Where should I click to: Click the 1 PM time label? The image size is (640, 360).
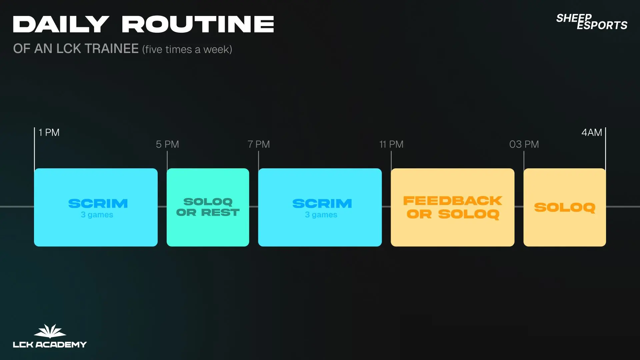[x=49, y=132]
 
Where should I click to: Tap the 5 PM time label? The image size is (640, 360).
[x=167, y=144]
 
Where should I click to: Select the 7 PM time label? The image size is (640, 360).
[x=259, y=144]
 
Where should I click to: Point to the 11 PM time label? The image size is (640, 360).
[x=391, y=144]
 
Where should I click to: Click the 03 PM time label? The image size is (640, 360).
[x=524, y=144]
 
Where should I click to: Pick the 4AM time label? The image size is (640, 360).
[x=592, y=132]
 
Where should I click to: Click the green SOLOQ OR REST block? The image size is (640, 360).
[x=208, y=207]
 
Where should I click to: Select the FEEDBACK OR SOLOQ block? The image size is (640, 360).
[x=452, y=207]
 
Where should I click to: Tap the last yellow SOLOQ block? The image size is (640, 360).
[x=565, y=207]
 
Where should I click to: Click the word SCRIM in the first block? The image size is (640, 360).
[x=98, y=203]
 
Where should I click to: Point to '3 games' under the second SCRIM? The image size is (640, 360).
[x=321, y=215]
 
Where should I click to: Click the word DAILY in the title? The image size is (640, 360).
[x=61, y=24]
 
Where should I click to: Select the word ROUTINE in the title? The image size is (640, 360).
[x=198, y=24]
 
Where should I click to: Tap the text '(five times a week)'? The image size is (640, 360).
[x=187, y=49]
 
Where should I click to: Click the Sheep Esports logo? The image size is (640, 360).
[x=592, y=22]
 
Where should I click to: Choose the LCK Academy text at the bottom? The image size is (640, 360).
[x=50, y=344]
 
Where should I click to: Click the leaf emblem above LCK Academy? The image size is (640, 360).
[x=50, y=331]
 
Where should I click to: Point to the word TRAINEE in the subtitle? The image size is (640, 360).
[x=111, y=49]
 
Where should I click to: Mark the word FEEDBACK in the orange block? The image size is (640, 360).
[x=452, y=201]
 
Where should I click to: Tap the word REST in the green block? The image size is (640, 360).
[x=220, y=212]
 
